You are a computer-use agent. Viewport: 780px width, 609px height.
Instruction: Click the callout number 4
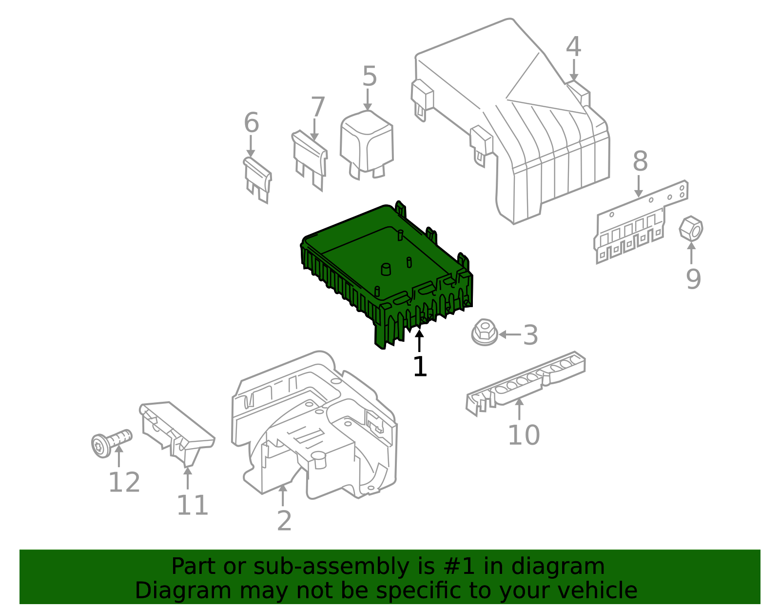tap(573, 47)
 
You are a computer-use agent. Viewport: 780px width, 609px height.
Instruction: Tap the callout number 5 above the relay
tap(370, 76)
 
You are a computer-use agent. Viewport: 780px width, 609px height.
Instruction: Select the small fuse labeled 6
tap(257, 180)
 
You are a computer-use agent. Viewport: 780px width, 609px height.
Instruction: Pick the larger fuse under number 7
tap(310, 160)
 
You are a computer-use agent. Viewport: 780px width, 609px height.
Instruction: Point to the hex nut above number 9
tap(691, 229)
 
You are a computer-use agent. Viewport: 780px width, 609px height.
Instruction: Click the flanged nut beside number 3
tap(485, 333)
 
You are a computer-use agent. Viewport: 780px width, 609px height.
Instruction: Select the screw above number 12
tap(111, 443)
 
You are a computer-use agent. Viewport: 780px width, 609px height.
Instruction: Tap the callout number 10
tap(524, 435)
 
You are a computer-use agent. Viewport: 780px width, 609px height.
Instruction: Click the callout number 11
tap(193, 505)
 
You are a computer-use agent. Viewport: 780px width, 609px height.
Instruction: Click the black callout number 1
tap(420, 366)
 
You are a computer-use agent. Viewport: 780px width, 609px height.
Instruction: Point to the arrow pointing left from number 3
tap(510, 334)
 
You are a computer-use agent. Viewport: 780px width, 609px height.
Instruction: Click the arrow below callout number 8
tap(638, 186)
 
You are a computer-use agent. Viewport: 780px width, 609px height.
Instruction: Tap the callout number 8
tap(640, 161)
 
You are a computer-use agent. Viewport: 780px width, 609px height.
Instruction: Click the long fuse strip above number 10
tap(526, 383)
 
